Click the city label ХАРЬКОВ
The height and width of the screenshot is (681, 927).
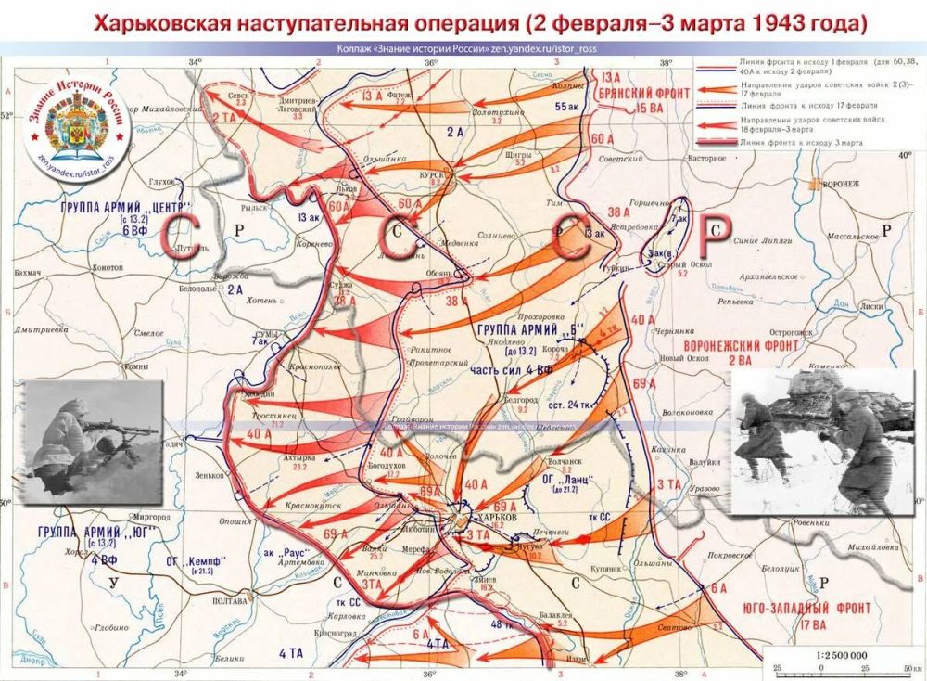(x=492, y=516)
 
